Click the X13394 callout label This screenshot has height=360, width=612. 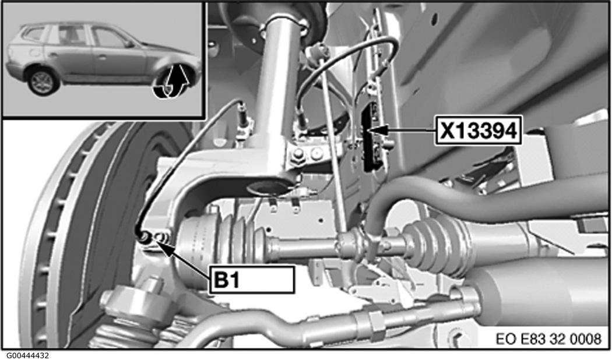[x=478, y=130]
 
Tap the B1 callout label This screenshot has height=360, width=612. [x=252, y=279]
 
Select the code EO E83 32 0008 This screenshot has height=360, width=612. [x=549, y=338]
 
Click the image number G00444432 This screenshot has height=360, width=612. [x=24, y=356]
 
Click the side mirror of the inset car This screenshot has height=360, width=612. [x=128, y=44]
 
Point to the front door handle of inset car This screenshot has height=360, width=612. [x=102, y=57]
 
